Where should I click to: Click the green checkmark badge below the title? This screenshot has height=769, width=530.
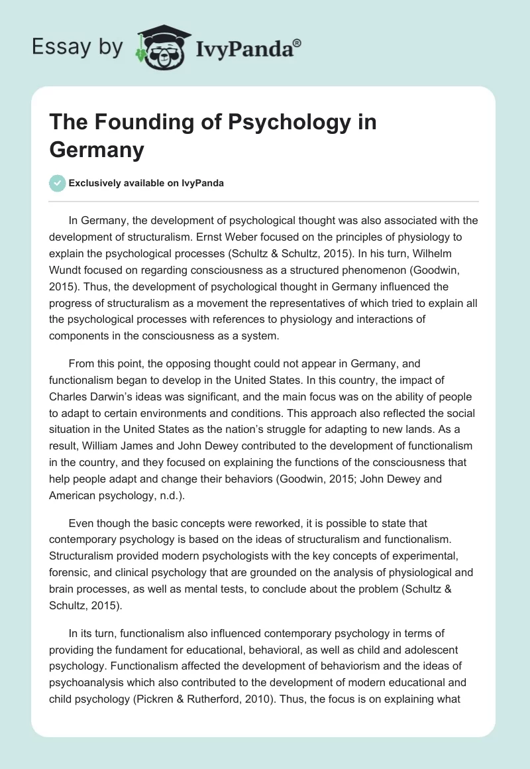[x=58, y=183]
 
